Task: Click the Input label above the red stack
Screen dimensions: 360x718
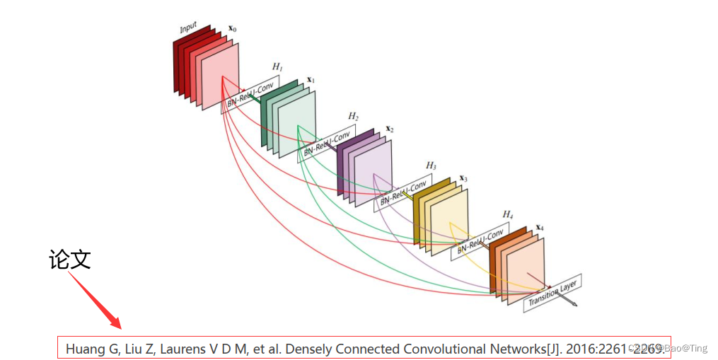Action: coord(188,28)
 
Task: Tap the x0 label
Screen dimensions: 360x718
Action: coord(232,30)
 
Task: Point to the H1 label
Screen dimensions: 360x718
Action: coord(277,66)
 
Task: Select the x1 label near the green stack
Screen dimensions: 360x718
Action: coord(311,81)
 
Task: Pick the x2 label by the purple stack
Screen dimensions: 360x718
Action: coord(390,129)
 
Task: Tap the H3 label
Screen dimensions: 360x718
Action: coord(431,166)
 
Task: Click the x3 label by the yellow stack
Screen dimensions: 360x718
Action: coord(464,178)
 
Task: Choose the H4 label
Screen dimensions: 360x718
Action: coord(507,214)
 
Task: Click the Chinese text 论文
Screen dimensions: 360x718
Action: coord(70,260)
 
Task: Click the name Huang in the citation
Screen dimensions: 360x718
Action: coord(84,349)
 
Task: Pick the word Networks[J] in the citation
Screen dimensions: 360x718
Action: coord(520,349)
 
